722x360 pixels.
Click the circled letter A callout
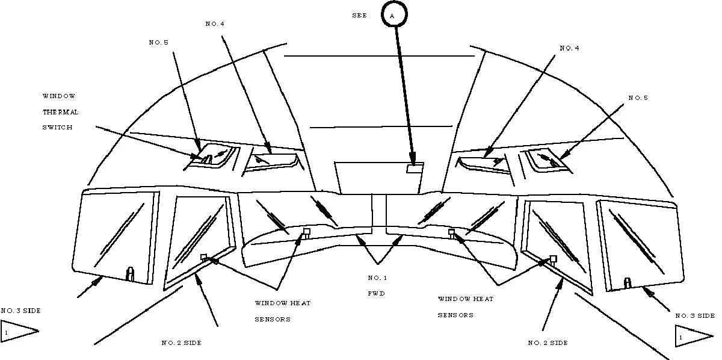coord(394,16)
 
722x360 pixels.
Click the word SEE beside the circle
coord(359,16)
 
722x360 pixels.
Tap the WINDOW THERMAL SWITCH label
coord(60,112)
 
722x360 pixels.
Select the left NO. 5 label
coord(158,43)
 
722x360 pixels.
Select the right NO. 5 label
coord(638,98)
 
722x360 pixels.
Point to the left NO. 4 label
coord(215,23)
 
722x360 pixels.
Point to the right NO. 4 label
coord(569,48)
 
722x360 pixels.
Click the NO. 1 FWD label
coord(378,286)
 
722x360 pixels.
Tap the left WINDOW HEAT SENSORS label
coord(282,311)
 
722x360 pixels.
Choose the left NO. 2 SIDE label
coord(181,343)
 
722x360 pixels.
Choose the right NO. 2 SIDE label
coord(548,343)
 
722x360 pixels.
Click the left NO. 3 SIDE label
coord(20,311)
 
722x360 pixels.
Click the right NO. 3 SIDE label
coord(695,315)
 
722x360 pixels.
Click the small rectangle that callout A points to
coord(415,169)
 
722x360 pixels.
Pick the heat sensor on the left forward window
coord(306,232)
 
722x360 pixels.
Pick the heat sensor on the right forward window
coord(451,232)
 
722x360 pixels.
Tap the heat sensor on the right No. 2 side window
coord(553,259)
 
